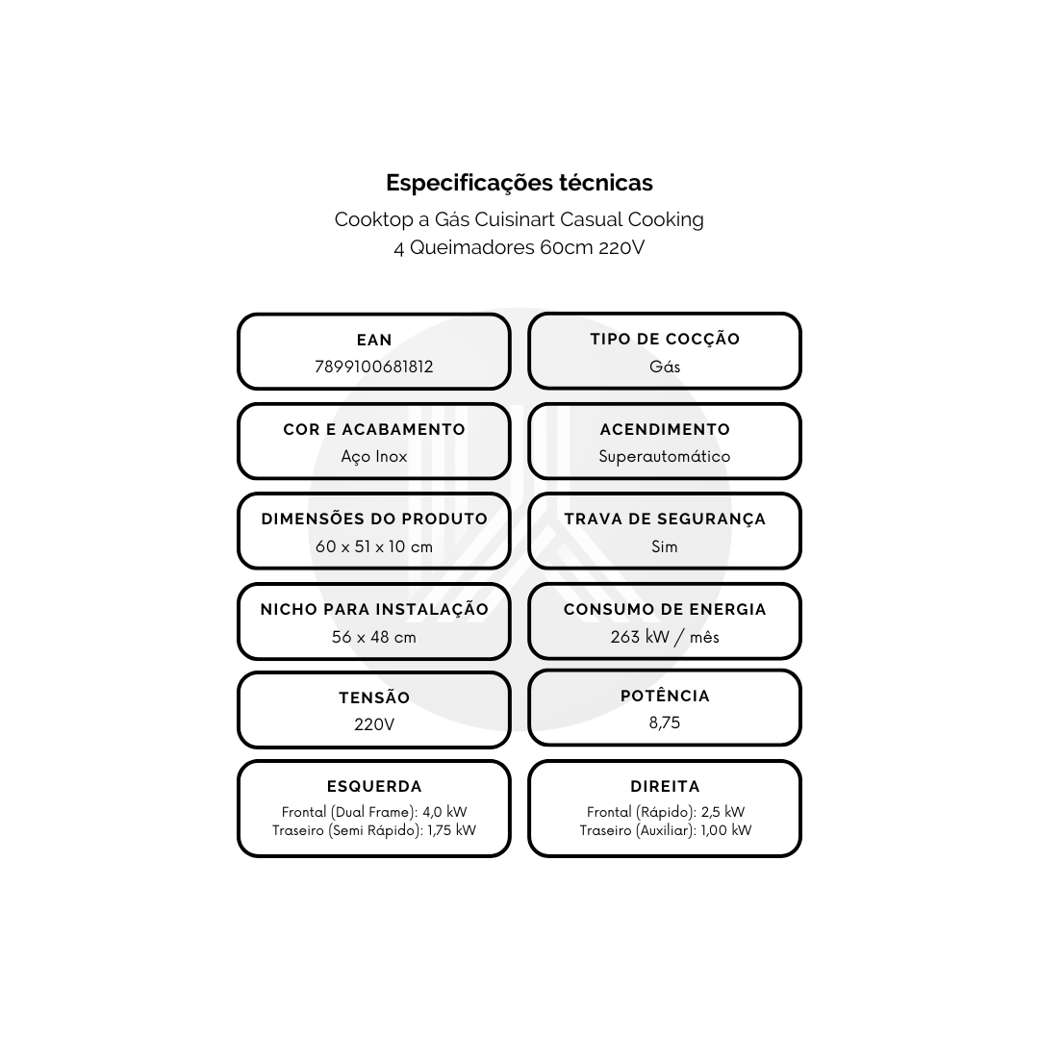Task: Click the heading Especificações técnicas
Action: [519, 183]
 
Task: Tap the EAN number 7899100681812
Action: [373, 367]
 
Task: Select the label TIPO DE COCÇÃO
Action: [665, 340]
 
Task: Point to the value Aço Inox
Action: [373, 457]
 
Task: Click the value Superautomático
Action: [665, 457]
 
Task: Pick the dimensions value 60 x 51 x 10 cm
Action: [373, 546]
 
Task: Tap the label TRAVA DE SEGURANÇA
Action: [665, 519]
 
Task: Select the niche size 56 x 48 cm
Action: [373, 637]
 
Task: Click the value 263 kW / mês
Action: [665, 637]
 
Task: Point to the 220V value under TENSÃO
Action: [373, 724]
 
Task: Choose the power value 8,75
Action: [665, 722]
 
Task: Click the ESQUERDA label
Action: [373, 787]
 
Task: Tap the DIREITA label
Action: [665, 787]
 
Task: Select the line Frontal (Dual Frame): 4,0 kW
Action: [373, 812]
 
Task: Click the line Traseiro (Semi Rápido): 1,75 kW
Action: [373, 830]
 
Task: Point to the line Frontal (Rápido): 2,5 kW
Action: [666, 812]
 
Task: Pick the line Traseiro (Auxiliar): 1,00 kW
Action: [666, 830]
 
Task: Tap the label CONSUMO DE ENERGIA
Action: [665, 610]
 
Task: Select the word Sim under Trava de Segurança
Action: [665, 546]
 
